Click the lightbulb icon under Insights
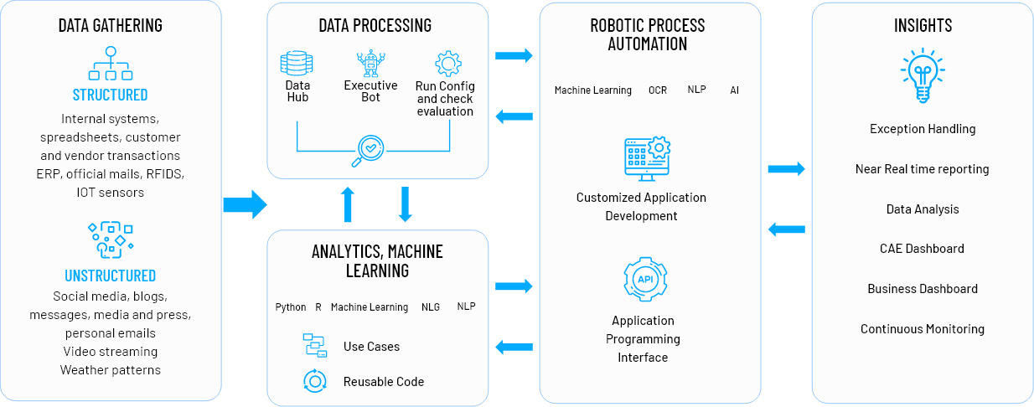(x=923, y=75)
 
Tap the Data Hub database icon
(x=297, y=64)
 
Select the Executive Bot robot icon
(x=370, y=64)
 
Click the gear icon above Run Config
(x=447, y=64)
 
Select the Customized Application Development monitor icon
(x=646, y=157)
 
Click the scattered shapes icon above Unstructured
(x=110, y=240)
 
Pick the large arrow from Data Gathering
(x=245, y=203)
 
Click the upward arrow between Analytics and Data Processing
(x=349, y=204)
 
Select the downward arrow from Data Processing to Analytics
(x=406, y=204)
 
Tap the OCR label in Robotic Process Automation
(x=658, y=90)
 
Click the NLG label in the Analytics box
(x=431, y=307)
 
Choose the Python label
(x=291, y=307)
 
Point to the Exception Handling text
(x=923, y=129)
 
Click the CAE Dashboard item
(x=922, y=249)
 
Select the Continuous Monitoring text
(x=922, y=329)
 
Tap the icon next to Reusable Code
(x=314, y=381)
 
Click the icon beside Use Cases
(x=314, y=345)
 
